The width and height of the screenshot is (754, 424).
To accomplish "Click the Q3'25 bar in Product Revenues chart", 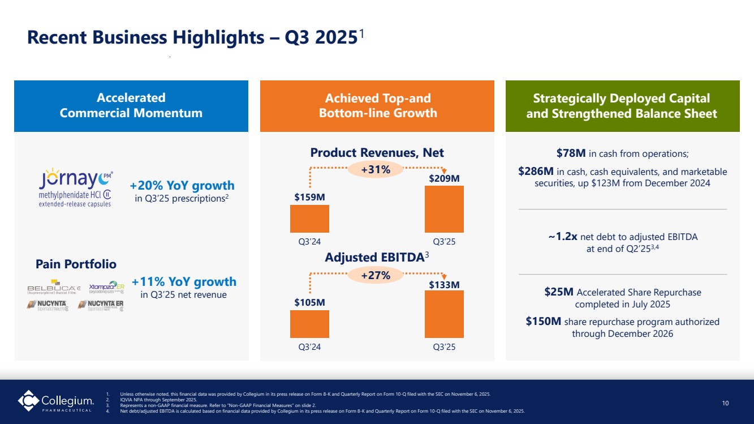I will point(444,209).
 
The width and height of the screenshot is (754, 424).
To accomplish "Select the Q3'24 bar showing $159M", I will point(309,219).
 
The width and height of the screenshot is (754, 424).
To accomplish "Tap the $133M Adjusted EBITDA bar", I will point(444,314).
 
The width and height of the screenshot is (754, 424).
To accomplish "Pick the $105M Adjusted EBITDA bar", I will point(309,324).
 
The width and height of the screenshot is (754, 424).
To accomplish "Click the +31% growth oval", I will point(377,169).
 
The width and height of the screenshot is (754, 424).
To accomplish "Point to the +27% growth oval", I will point(377,275).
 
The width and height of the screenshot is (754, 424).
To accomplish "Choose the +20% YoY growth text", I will point(182,186).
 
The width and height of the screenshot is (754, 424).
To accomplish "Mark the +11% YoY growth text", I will point(184,281).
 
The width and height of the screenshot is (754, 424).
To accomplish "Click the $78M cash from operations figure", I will point(571,153).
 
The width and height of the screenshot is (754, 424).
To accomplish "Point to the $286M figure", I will point(536,172).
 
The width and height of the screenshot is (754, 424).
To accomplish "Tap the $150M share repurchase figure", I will point(543,322).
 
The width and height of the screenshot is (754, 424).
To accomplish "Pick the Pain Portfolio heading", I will point(76,264).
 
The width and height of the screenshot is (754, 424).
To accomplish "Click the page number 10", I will point(726,403).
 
